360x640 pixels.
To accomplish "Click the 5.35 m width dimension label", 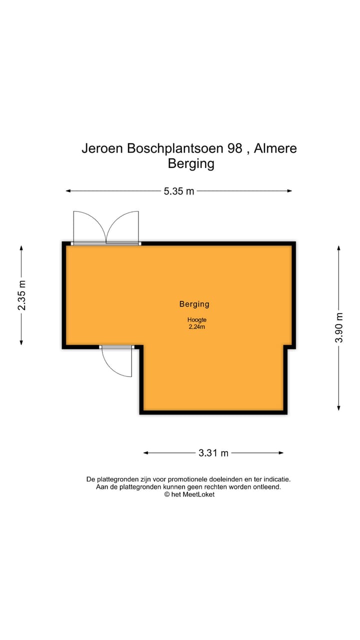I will (179, 191).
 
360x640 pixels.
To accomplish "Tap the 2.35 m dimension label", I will (21, 295).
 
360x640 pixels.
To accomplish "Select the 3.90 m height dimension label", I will (339, 327).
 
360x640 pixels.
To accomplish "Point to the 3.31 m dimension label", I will (213, 453).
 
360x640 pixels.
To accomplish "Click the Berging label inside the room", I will (194, 303).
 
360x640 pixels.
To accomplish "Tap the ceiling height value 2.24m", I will (196, 327).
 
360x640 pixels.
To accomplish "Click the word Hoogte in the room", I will (197, 320).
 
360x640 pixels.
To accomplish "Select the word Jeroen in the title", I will (102, 148).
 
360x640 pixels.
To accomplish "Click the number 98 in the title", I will (234, 148).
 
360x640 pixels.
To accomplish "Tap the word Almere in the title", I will (275, 148).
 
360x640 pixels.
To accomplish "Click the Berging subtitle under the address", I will (191, 163).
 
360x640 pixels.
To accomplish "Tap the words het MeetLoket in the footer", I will (193, 494).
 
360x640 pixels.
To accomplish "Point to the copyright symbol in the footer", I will (167, 494).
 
